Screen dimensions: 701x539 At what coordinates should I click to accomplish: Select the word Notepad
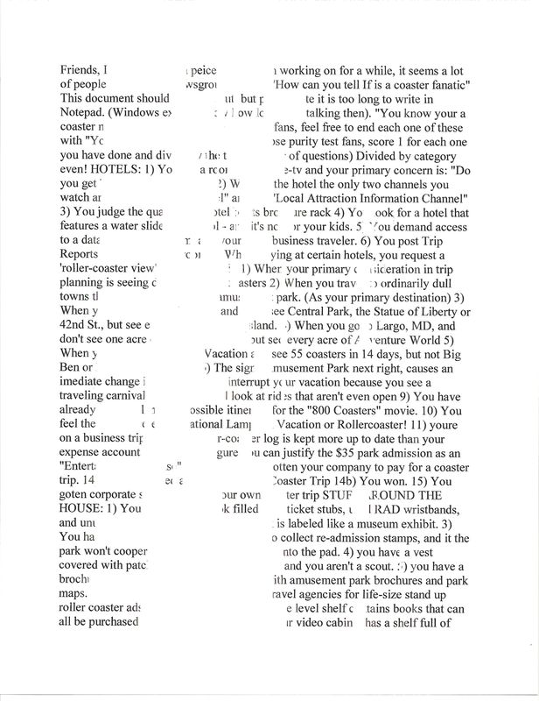tap(85, 113)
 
